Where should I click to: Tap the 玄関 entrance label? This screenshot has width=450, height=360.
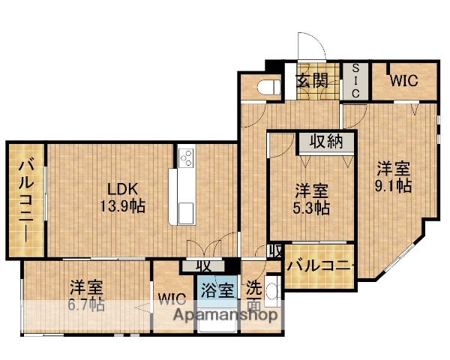pyautogui.click(x=311, y=80)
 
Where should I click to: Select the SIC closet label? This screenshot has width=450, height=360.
pyautogui.click(x=356, y=80)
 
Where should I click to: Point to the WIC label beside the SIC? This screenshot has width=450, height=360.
pyautogui.click(x=403, y=80)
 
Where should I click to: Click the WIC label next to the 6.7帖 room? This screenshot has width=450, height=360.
pyautogui.click(x=172, y=298)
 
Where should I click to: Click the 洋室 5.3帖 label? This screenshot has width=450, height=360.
pyautogui.click(x=310, y=199)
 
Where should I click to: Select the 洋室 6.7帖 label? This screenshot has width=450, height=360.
pyautogui.click(x=88, y=295)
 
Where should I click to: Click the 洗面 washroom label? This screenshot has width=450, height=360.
pyautogui.click(x=254, y=295)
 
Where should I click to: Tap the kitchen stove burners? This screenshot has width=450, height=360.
pyautogui.click(x=185, y=158)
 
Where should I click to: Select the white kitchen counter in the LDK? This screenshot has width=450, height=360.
pyautogui.click(x=182, y=196)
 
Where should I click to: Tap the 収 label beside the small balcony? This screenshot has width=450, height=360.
pyautogui.click(x=274, y=252)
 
